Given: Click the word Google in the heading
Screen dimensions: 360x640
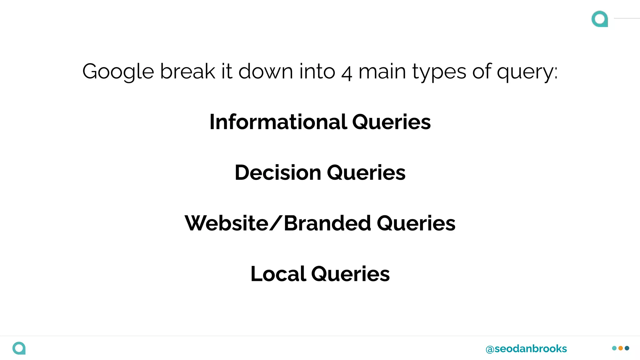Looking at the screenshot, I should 118,72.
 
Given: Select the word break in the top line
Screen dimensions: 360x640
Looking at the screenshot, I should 187,71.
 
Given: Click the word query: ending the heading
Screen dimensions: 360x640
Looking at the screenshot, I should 527,72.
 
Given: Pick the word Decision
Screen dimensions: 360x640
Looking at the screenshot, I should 278,172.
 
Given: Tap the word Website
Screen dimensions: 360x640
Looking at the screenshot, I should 227,223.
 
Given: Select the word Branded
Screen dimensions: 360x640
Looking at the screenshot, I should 327,223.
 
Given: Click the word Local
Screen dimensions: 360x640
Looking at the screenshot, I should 278,274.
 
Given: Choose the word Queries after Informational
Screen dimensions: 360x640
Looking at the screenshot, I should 392,122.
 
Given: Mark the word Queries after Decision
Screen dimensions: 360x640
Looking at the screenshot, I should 366,173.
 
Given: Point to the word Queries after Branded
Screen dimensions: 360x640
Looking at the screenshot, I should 416,223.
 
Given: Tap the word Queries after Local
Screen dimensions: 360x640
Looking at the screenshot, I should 351,274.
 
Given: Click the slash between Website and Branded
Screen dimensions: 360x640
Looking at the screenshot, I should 276,223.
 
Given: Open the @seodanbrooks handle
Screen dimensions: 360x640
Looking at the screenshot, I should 526,349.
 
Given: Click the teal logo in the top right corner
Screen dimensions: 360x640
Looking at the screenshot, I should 600,19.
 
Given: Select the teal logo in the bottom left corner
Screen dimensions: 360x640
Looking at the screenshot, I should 19,348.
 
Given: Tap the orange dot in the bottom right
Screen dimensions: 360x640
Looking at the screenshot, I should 621,348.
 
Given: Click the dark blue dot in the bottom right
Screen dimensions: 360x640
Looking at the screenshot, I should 627,348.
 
